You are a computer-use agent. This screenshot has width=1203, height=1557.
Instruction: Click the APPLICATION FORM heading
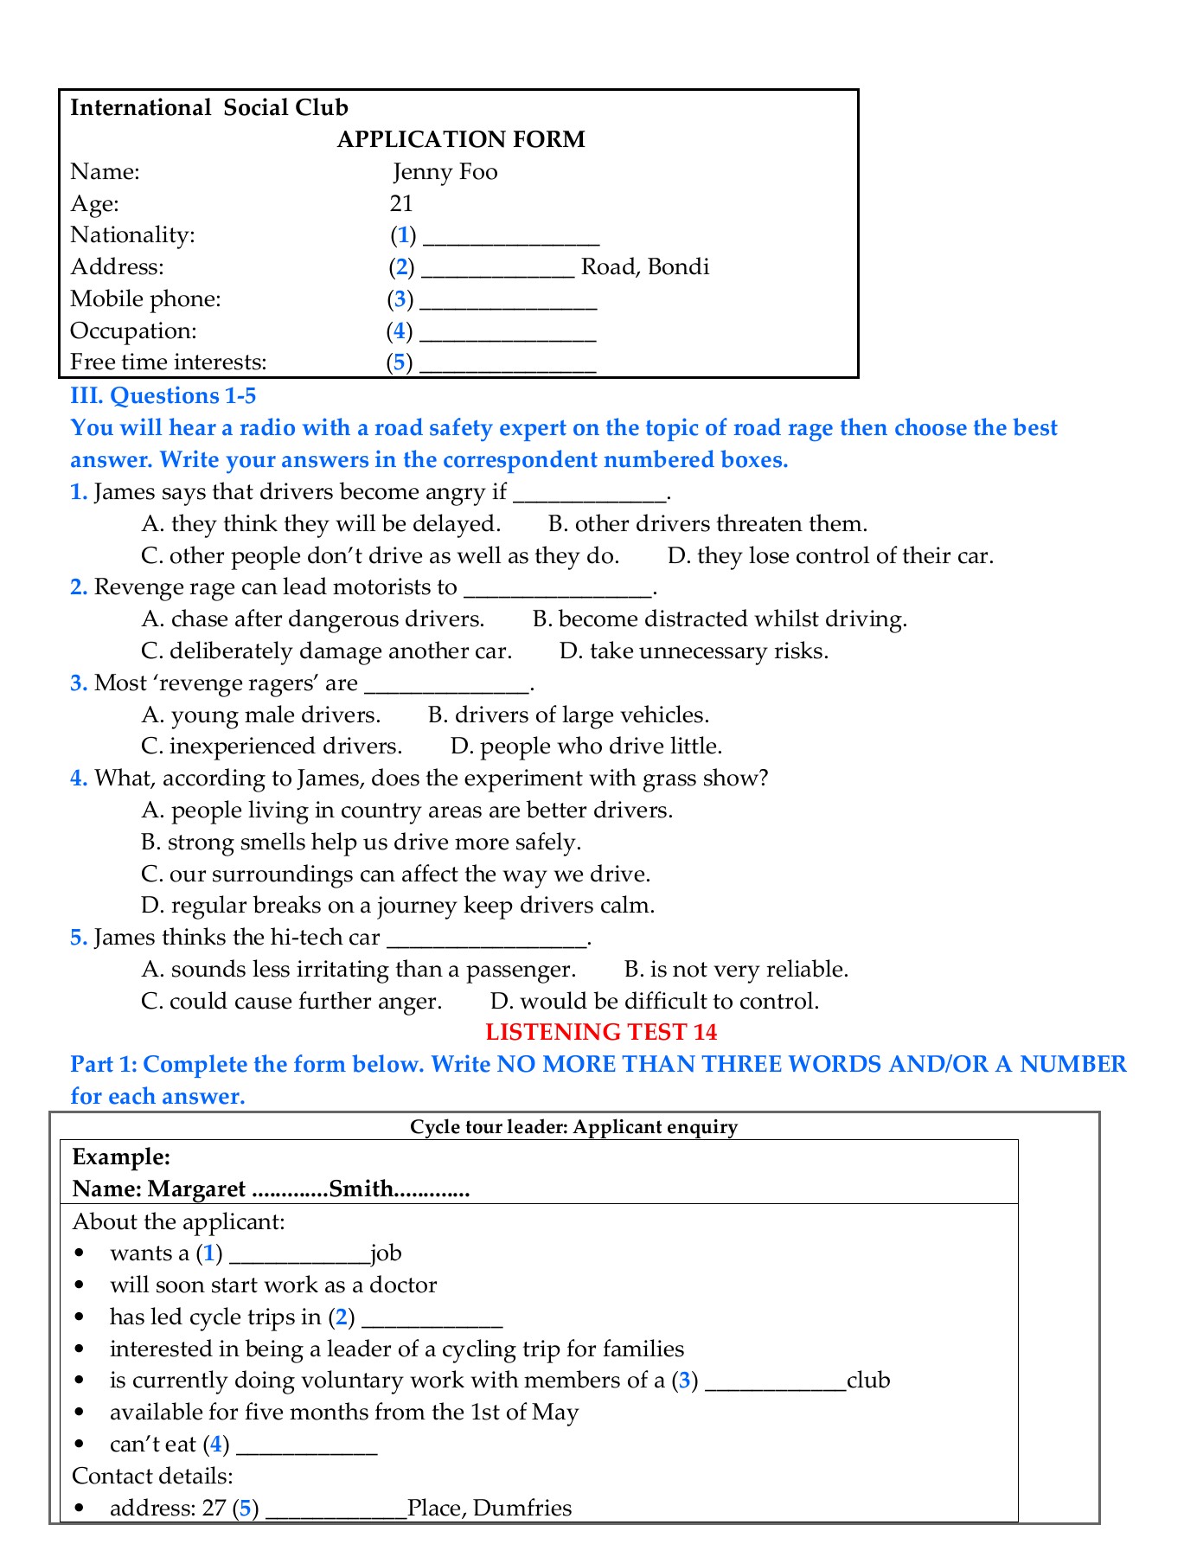tap(460, 139)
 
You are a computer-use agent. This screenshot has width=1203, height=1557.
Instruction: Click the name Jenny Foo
tap(445, 171)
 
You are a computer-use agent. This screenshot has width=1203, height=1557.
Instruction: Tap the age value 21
tap(401, 203)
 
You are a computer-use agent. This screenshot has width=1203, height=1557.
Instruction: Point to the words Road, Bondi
tap(644, 266)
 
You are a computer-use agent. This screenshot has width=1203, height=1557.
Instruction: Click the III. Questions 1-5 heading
tap(163, 395)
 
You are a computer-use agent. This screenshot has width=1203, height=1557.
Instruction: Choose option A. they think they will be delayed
tap(321, 523)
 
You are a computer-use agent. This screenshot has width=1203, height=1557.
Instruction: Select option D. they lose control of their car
tap(830, 555)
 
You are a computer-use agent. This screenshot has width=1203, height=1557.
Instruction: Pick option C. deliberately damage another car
tap(326, 650)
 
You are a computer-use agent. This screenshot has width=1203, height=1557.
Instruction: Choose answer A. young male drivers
tap(260, 714)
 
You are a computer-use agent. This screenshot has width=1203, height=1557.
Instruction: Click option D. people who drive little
tap(586, 746)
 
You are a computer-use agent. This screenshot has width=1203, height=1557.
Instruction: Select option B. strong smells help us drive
tap(361, 842)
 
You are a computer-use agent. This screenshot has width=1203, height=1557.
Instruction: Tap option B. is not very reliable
tap(736, 969)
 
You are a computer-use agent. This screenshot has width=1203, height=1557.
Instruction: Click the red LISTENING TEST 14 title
tap(601, 1032)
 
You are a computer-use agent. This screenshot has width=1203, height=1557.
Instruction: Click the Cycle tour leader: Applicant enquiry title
tap(573, 1126)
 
